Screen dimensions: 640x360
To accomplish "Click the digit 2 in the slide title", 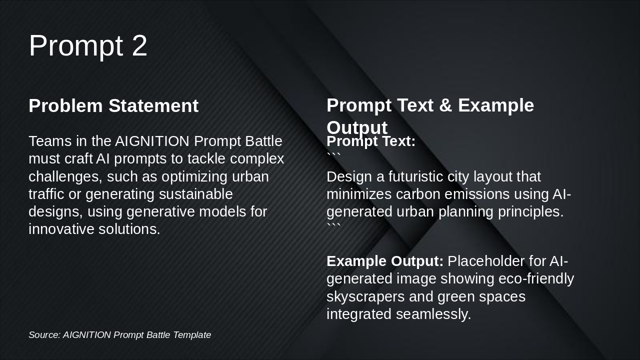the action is click(139, 45).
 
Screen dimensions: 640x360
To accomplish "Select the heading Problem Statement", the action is click(113, 105).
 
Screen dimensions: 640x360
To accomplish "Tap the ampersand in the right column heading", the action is click(445, 105).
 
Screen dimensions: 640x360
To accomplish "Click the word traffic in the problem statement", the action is click(46, 194).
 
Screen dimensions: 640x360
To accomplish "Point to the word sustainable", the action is click(195, 194).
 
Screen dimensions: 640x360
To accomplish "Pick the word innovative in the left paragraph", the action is click(61, 229).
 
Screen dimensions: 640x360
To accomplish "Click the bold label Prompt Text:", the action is click(371, 141).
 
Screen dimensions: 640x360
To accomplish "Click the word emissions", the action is click(477, 194).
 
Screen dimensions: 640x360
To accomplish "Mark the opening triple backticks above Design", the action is click(333, 155).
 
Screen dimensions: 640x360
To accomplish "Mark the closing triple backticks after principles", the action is click(333, 225).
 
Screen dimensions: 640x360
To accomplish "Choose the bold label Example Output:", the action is click(385, 261).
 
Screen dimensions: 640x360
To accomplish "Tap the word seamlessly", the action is click(433, 314).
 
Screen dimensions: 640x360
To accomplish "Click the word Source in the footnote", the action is click(44, 335).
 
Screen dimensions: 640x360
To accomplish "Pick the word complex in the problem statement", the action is click(257, 159).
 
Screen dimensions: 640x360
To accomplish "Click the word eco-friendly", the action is click(536, 278).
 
